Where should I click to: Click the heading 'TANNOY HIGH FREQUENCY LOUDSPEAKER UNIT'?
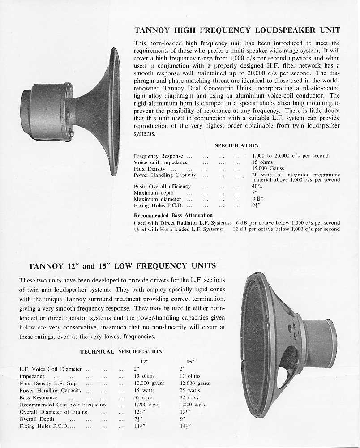pyautogui.click(x=237, y=31)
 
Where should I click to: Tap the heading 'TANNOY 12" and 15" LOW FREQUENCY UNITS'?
pyautogui.click(x=122, y=266)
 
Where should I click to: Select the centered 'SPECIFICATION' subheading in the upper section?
pyautogui.click(x=237, y=145)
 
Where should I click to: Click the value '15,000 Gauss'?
pyautogui.click(x=268, y=169)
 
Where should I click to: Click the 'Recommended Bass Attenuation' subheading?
pyautogui.click(x=173, y=215)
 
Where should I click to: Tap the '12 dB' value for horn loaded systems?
pyautogui.click(x=240, y=229)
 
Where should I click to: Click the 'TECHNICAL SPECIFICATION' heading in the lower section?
pyautogui.click(x=121, y=352)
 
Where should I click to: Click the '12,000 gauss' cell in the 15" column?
pyautogui.click(x=195, y=384)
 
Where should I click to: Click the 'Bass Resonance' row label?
pyautogui.click(x=39, y=397)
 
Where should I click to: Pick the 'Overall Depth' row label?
pyautogui.click(x=37, y=419)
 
